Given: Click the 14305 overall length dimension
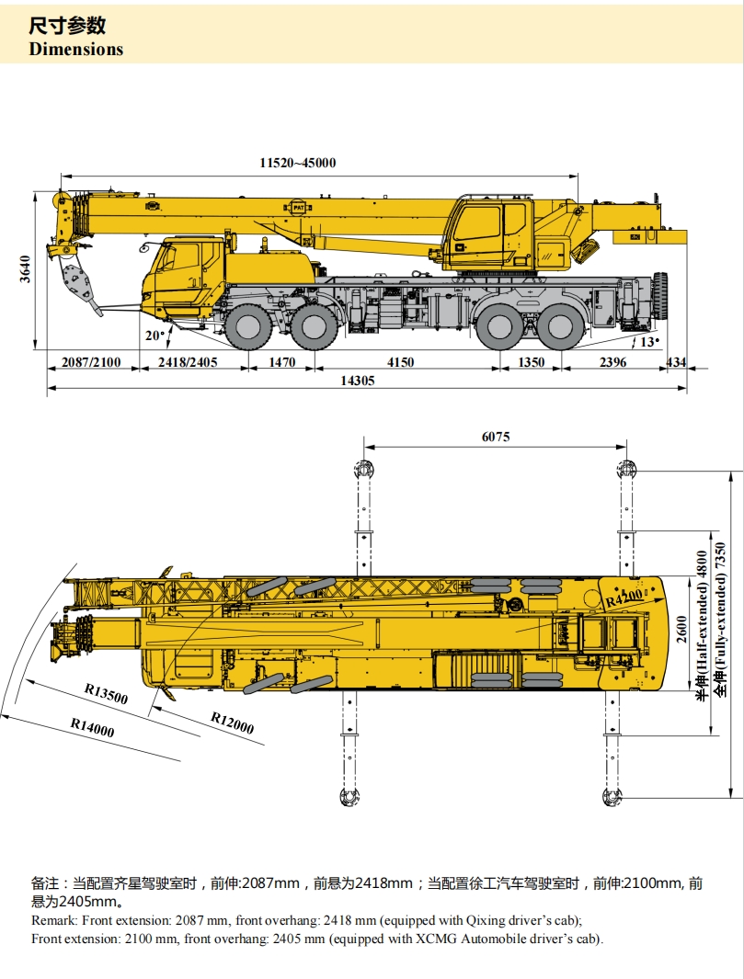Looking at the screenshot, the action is (x=358, y=381).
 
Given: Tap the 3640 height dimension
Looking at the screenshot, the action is (x=25, y=269).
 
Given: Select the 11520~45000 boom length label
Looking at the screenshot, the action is (x=298, y=163).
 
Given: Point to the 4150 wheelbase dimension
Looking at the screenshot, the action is (x=400, y=362).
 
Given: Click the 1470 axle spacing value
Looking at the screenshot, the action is (x=281, y=362).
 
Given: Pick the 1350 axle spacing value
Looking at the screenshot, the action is (x=531, y=362).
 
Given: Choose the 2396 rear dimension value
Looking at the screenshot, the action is (x=612, y=362).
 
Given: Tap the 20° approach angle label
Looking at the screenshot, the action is (x=155, y=336).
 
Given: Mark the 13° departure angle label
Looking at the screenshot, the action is (x=649, y=342).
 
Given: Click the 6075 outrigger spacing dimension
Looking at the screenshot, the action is (x=496, y=437).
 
